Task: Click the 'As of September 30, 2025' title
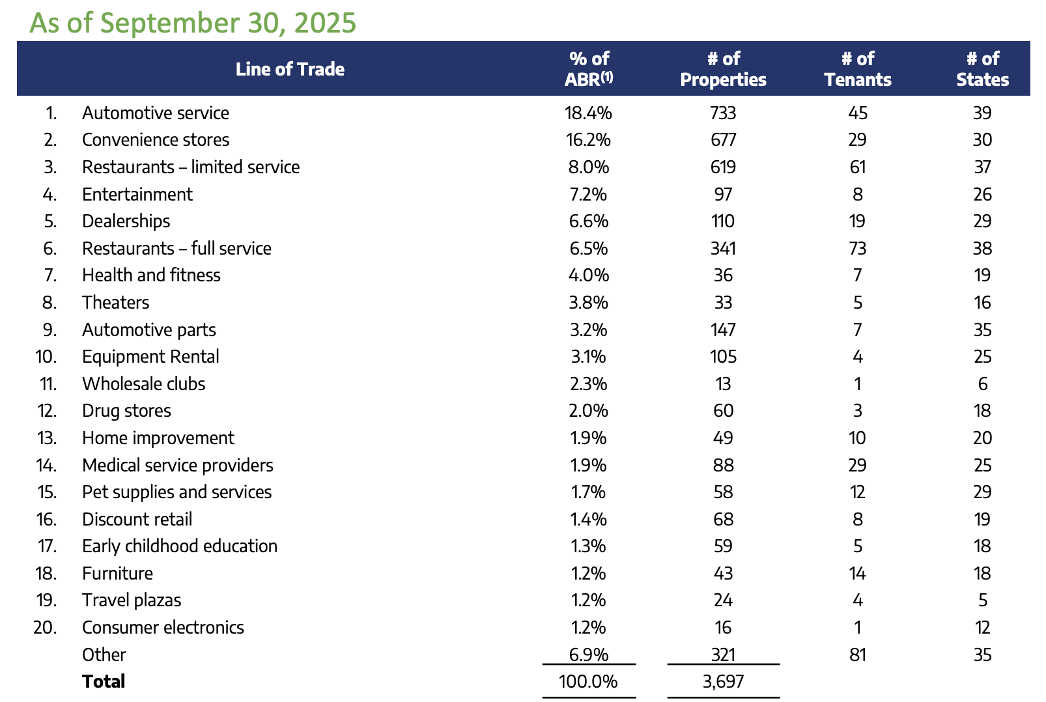(x=193, y=22)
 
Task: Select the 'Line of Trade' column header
(x=290, y=69)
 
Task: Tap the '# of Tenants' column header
(x=857, y=69)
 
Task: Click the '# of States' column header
(x=982, y=69)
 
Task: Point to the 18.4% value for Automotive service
(x=588, y=113)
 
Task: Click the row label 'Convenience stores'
(x=156, y=140)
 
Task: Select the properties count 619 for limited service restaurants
(x=723, y=167)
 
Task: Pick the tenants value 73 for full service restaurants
(x=857, y=249)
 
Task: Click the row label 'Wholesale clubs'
(x=143, y=384)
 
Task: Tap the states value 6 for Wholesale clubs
(x=983, y=384)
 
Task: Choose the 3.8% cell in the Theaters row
(x=588, y=303)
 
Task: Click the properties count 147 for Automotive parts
(x=723, y=330)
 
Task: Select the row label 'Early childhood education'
(x=180, y=546)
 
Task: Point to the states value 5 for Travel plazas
(x=983, y=600)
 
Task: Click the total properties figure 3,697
(x=723, y=682)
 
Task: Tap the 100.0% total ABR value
(x=588, y=682)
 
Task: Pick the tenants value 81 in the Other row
(x=857, y=654)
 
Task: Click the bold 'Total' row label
(x=104, y=682)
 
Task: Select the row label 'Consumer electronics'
(x=163, y=628)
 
